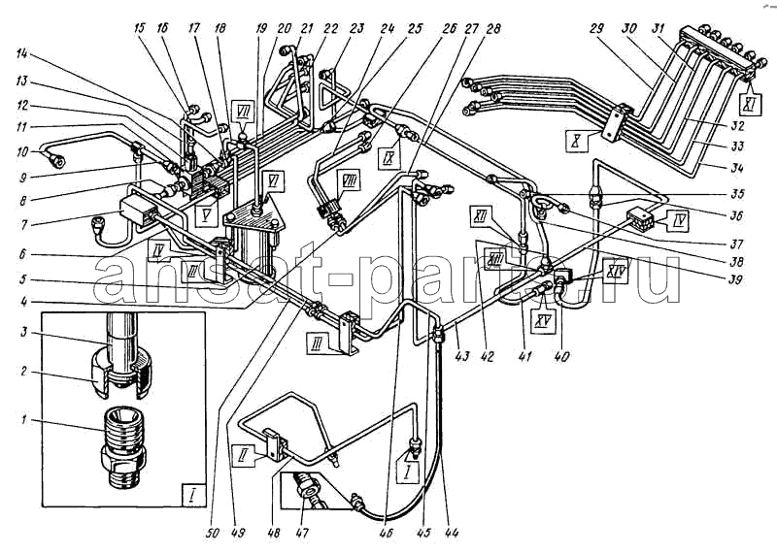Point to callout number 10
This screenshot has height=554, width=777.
pos(21,152)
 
